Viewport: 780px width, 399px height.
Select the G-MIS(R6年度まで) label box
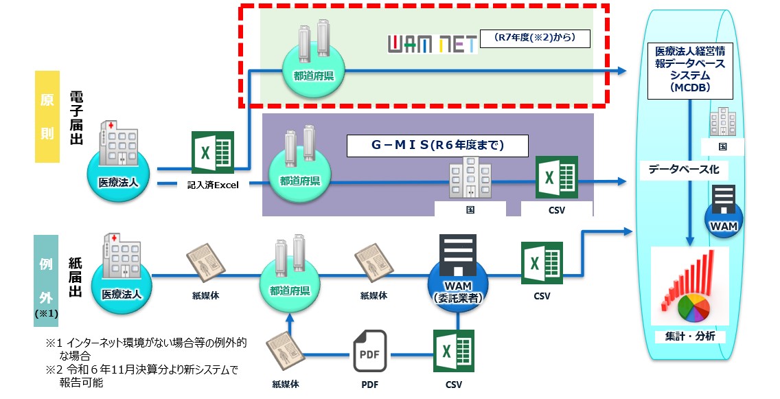[x=437, y=146]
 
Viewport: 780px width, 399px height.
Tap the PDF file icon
[x=369, y=352]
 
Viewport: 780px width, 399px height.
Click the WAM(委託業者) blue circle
[x=457, y=278]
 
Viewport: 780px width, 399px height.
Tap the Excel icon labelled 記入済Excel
[x=212, y=153]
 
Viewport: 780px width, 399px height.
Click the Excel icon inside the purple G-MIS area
[x=556, y=177]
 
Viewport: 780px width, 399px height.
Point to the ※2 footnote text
[x=141, y=376]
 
